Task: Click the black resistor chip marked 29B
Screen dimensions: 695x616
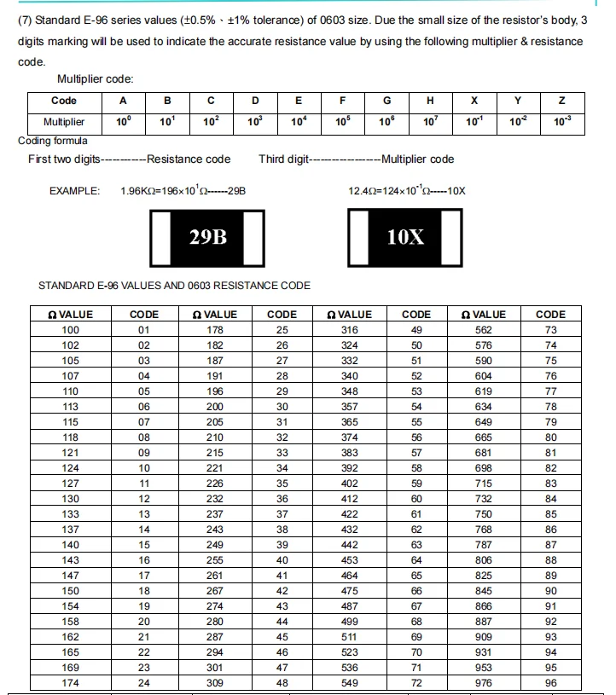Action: pyautogui.click(x=208, y=236)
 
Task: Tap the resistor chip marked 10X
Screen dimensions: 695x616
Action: pyautogui.click(x=405, y=236)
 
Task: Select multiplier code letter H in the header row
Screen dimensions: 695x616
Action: pyautogui.click(x=430, y=101)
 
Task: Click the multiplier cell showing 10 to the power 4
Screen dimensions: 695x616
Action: pyautogui.click(x=299, y=122)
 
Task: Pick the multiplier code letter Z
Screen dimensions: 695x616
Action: pyautogui.click(x=561, y=101)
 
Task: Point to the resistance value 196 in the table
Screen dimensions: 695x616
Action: pyautogui.click(x=215, y=391)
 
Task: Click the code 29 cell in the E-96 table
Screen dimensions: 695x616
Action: pyautogui.click(x=282, y=391)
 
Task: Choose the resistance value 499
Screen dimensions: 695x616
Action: pyautogui.click(x=350, y=622)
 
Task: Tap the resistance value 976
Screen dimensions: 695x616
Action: pyautogui.click(x=484, y=683)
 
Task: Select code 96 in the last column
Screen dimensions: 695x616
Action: pyautogui.click(x=550, y=683)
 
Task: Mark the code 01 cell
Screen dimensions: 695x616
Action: pyautogui.click(x=143, y=330)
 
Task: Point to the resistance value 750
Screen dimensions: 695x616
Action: pyautogui.click(x=484, y=514)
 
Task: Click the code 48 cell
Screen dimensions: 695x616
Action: pyautogui.click(x=282, y=683)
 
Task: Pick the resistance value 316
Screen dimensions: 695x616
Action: pyautogui.click(x=350, y=330)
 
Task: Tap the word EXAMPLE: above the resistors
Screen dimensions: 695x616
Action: pyautogui.click(x=75, y=191)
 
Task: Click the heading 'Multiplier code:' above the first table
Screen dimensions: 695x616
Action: pyautogui.click(x=95, y=79)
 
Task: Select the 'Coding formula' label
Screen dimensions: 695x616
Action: pyautogui.click(x=52, y=141)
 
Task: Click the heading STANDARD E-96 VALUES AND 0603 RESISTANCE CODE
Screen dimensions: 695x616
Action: pyautogui.click(x=175, y=286)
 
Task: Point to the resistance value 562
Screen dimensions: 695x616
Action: pyautogui.click(x=484, y=330)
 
